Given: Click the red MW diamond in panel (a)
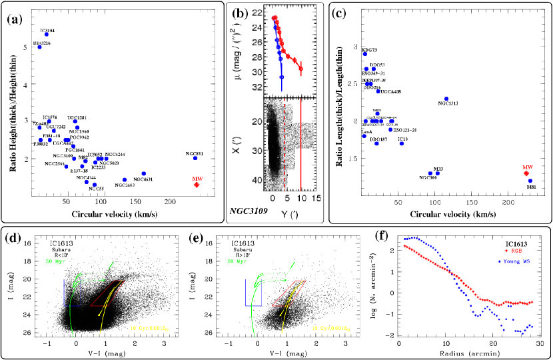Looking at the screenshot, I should (x=197, y=185).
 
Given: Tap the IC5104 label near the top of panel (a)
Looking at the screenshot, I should (x=47, y=31).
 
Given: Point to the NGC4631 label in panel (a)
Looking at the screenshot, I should (x=143, y=179).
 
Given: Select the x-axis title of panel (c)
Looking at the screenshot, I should (x=442, y=215).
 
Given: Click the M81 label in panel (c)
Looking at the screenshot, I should (x=531, y=187).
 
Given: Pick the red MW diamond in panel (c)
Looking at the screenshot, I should (x=526, y=173).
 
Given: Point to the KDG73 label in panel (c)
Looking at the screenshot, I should (x=369, y=50).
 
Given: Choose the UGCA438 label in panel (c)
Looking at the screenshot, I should (x=389, y=91).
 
